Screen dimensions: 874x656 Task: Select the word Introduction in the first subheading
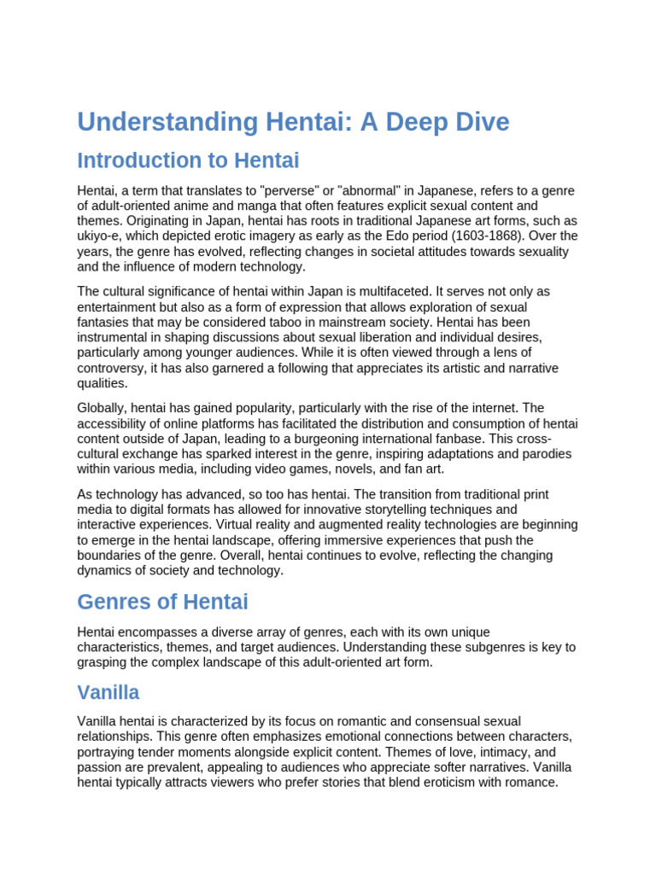click(133, 160)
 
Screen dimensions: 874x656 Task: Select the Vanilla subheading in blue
click(108, 691)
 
